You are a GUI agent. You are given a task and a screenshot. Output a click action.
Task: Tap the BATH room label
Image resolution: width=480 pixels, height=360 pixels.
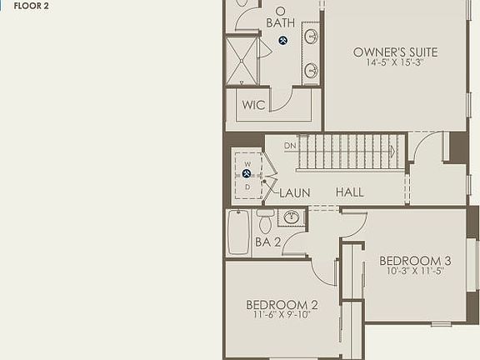280,22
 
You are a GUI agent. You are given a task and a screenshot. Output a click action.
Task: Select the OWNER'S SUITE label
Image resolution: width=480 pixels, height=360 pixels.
395,52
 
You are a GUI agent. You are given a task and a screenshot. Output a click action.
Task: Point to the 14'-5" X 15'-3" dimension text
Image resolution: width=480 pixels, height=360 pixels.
395,62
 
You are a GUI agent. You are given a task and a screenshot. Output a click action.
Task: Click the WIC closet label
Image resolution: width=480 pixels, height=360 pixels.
253,106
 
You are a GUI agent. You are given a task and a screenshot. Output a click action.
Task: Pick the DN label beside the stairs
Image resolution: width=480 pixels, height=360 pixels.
290,146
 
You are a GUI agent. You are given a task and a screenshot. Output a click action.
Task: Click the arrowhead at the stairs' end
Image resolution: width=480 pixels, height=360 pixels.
392,152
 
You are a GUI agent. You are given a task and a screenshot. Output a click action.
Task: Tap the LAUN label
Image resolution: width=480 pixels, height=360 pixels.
294,192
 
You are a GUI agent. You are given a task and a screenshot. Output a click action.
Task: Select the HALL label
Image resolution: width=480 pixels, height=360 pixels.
350,192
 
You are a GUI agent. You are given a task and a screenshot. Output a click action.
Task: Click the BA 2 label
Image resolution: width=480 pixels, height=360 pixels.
267,242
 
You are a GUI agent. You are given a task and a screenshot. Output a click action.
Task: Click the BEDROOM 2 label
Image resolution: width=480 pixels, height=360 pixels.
282,304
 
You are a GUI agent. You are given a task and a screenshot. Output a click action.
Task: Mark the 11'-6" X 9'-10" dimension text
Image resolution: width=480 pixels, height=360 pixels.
282,315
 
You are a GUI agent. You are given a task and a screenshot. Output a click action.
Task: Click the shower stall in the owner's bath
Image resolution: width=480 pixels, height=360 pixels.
242,61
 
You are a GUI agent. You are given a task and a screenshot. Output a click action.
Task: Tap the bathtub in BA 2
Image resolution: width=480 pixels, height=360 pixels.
238,232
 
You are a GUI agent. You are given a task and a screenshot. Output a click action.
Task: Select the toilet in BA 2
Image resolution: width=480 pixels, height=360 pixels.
266,222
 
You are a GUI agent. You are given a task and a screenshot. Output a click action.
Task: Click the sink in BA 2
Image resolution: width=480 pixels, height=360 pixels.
292,217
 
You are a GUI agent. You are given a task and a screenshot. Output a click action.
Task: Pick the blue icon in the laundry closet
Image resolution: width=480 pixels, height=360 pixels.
247,173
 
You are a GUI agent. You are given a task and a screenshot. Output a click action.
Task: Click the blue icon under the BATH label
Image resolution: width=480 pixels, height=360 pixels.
283,40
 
